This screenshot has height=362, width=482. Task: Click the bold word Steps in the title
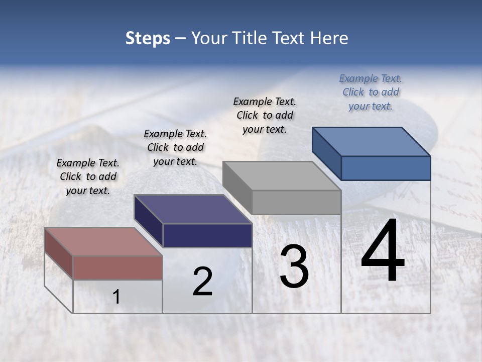click(148, 38)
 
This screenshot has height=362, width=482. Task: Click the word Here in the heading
click(329, 38)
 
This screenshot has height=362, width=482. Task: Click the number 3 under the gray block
click(294, 266)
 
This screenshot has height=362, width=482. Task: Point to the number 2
click(202, 282)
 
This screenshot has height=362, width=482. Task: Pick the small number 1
click(116, 297)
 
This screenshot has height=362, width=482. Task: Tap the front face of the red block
click(117, 267)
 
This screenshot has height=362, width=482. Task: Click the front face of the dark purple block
click(207, 235)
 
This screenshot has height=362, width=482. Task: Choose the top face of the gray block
click(282, 176)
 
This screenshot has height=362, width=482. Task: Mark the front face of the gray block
click(296, 202)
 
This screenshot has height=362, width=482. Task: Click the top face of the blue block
click(371, 141)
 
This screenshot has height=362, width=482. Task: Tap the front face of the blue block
click(386, 168)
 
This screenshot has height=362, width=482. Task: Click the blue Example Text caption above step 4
click(371, 92)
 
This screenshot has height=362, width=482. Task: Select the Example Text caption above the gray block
click(265, 115)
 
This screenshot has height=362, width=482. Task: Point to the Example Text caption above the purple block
click(175, 147)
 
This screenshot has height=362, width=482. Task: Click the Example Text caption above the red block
click(88, 176)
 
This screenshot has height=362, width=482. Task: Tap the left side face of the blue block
click(326, 153)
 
